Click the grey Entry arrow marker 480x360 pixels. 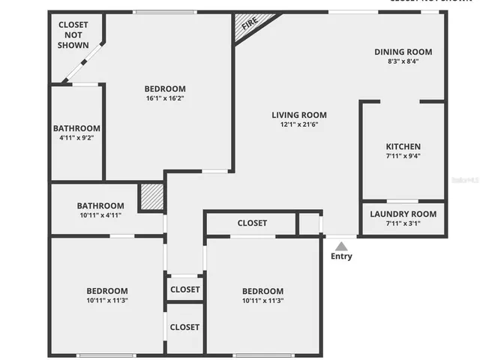tap(341, 245)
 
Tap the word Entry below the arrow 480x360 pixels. tap(341, 256)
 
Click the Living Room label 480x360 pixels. tap(299, 115)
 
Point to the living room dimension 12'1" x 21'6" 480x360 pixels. tap(299, 124)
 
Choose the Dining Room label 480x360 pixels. tap(403, 52)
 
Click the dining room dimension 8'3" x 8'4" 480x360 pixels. tap(403, 61)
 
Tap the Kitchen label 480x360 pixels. tap(403, 146)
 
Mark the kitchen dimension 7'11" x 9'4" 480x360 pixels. tap(403, 156)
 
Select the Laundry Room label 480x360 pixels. tap(403, 214)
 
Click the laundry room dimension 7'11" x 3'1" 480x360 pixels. tap(403, 223)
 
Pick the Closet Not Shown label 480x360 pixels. tap(73, 34)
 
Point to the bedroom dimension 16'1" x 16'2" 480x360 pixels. tap(165, 98)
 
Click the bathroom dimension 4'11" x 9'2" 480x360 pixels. tap(76, 138)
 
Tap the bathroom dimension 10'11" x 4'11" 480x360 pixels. tap(100, 215)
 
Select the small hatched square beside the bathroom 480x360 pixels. tap(151, 196)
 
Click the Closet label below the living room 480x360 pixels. tap(252, 223)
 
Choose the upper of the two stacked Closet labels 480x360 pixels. tap(184, 289)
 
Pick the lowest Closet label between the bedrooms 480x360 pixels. tap(184, 327)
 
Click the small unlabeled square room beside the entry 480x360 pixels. tap(308, 223)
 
